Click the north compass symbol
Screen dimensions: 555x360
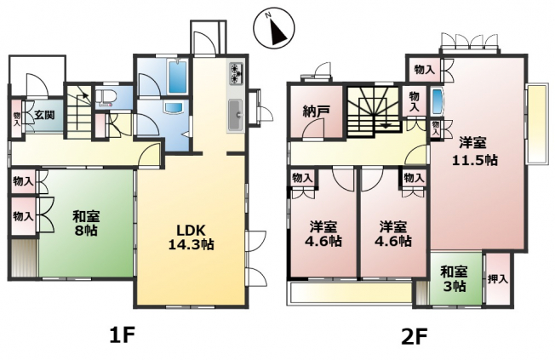[x=274, y=28]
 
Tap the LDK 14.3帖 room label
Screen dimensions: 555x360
[x=192, y=237]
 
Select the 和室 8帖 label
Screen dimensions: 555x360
[x=86, y=223]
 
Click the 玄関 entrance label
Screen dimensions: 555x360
[x=44, y=115]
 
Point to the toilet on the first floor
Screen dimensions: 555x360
[x=105, y=98]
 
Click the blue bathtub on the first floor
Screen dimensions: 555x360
[x=177, y=77]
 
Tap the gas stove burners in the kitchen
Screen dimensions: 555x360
[x=236, y=74]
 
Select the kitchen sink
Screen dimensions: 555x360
[x=235, y=115]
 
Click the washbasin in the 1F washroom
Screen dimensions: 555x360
[x=173, y=107]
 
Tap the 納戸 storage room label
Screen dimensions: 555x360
[x=317, y=111]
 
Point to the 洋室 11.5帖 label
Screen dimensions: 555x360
[x=475, y=151]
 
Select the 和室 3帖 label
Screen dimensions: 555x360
[x=455, y=279]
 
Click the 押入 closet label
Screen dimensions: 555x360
[x=498, y=279]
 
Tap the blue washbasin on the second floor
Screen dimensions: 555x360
[x=438, y=101]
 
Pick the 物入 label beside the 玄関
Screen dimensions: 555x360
[x=17, y=119]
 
